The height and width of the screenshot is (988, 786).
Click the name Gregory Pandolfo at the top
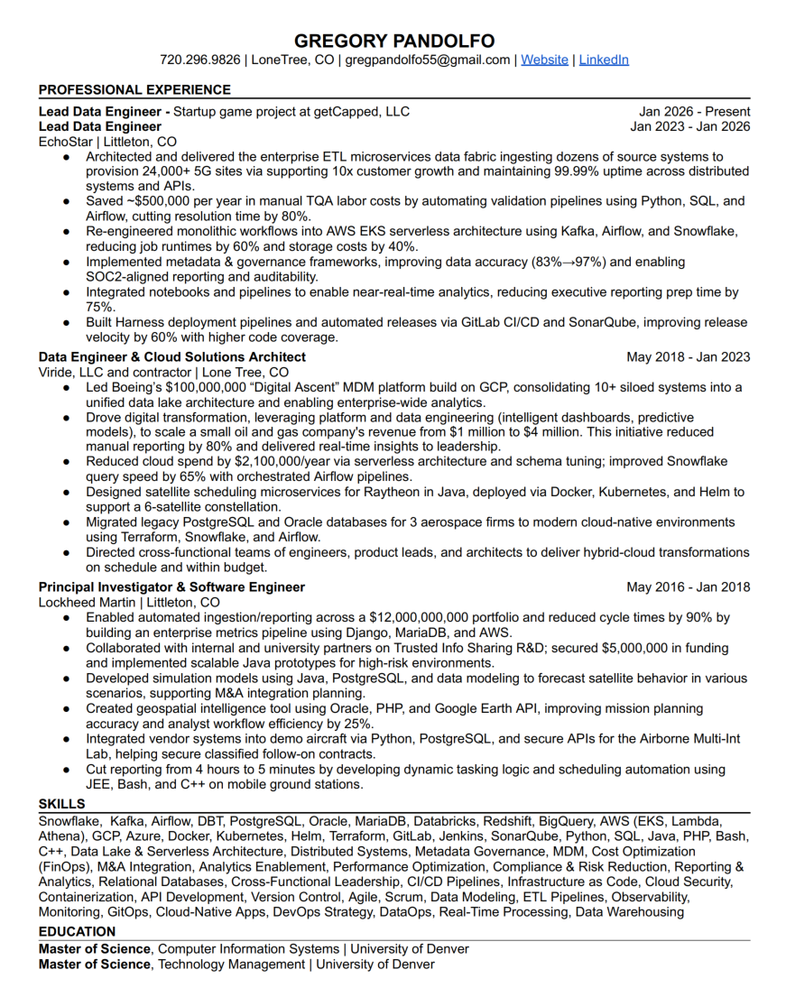[394, 41]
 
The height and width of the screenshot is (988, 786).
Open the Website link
[544, 60]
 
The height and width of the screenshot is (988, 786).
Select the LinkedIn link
[604, 60]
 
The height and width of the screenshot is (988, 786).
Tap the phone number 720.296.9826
[200, 60]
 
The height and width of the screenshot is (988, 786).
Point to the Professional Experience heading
[134, 89]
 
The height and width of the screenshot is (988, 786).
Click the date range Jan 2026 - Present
[695, 112]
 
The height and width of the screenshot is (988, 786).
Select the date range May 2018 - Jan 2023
[688, 357]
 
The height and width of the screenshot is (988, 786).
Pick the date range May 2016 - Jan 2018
[688, 587]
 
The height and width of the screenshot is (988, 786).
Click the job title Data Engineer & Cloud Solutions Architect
[171, 357]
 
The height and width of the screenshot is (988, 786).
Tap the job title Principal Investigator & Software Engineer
[171, 587]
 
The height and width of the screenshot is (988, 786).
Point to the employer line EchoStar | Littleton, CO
[107, 142]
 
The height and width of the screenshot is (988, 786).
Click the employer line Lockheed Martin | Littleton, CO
[129, 603]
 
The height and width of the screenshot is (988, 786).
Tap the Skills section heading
[61, 804]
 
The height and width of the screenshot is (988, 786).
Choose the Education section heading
[77, 931]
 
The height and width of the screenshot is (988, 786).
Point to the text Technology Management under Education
[232, 964]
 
